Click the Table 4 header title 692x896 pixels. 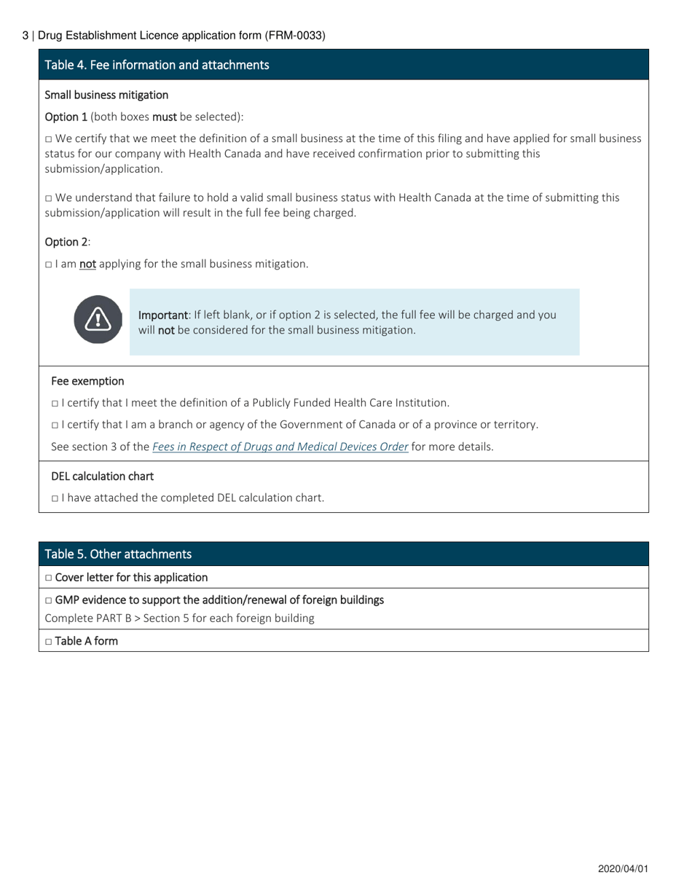coord(157,65)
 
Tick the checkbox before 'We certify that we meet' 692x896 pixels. coord(49,139)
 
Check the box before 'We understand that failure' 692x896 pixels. coord(49,198)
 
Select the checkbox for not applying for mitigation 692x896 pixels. coord(49,264)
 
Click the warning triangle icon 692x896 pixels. coord(98,319)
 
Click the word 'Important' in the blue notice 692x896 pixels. coord(162,315)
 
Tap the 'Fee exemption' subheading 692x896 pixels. coord(87,381)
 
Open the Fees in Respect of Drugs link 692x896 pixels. coord(280,447)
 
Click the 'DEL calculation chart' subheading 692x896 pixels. coord(102,476)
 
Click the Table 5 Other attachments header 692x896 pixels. coord(118,554)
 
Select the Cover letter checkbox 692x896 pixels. coord(49,578)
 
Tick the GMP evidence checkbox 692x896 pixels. coord(49,601)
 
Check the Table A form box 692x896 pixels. coord(49,642)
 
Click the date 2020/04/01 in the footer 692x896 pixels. coord(623,869)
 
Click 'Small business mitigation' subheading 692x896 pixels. coord(106,95)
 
